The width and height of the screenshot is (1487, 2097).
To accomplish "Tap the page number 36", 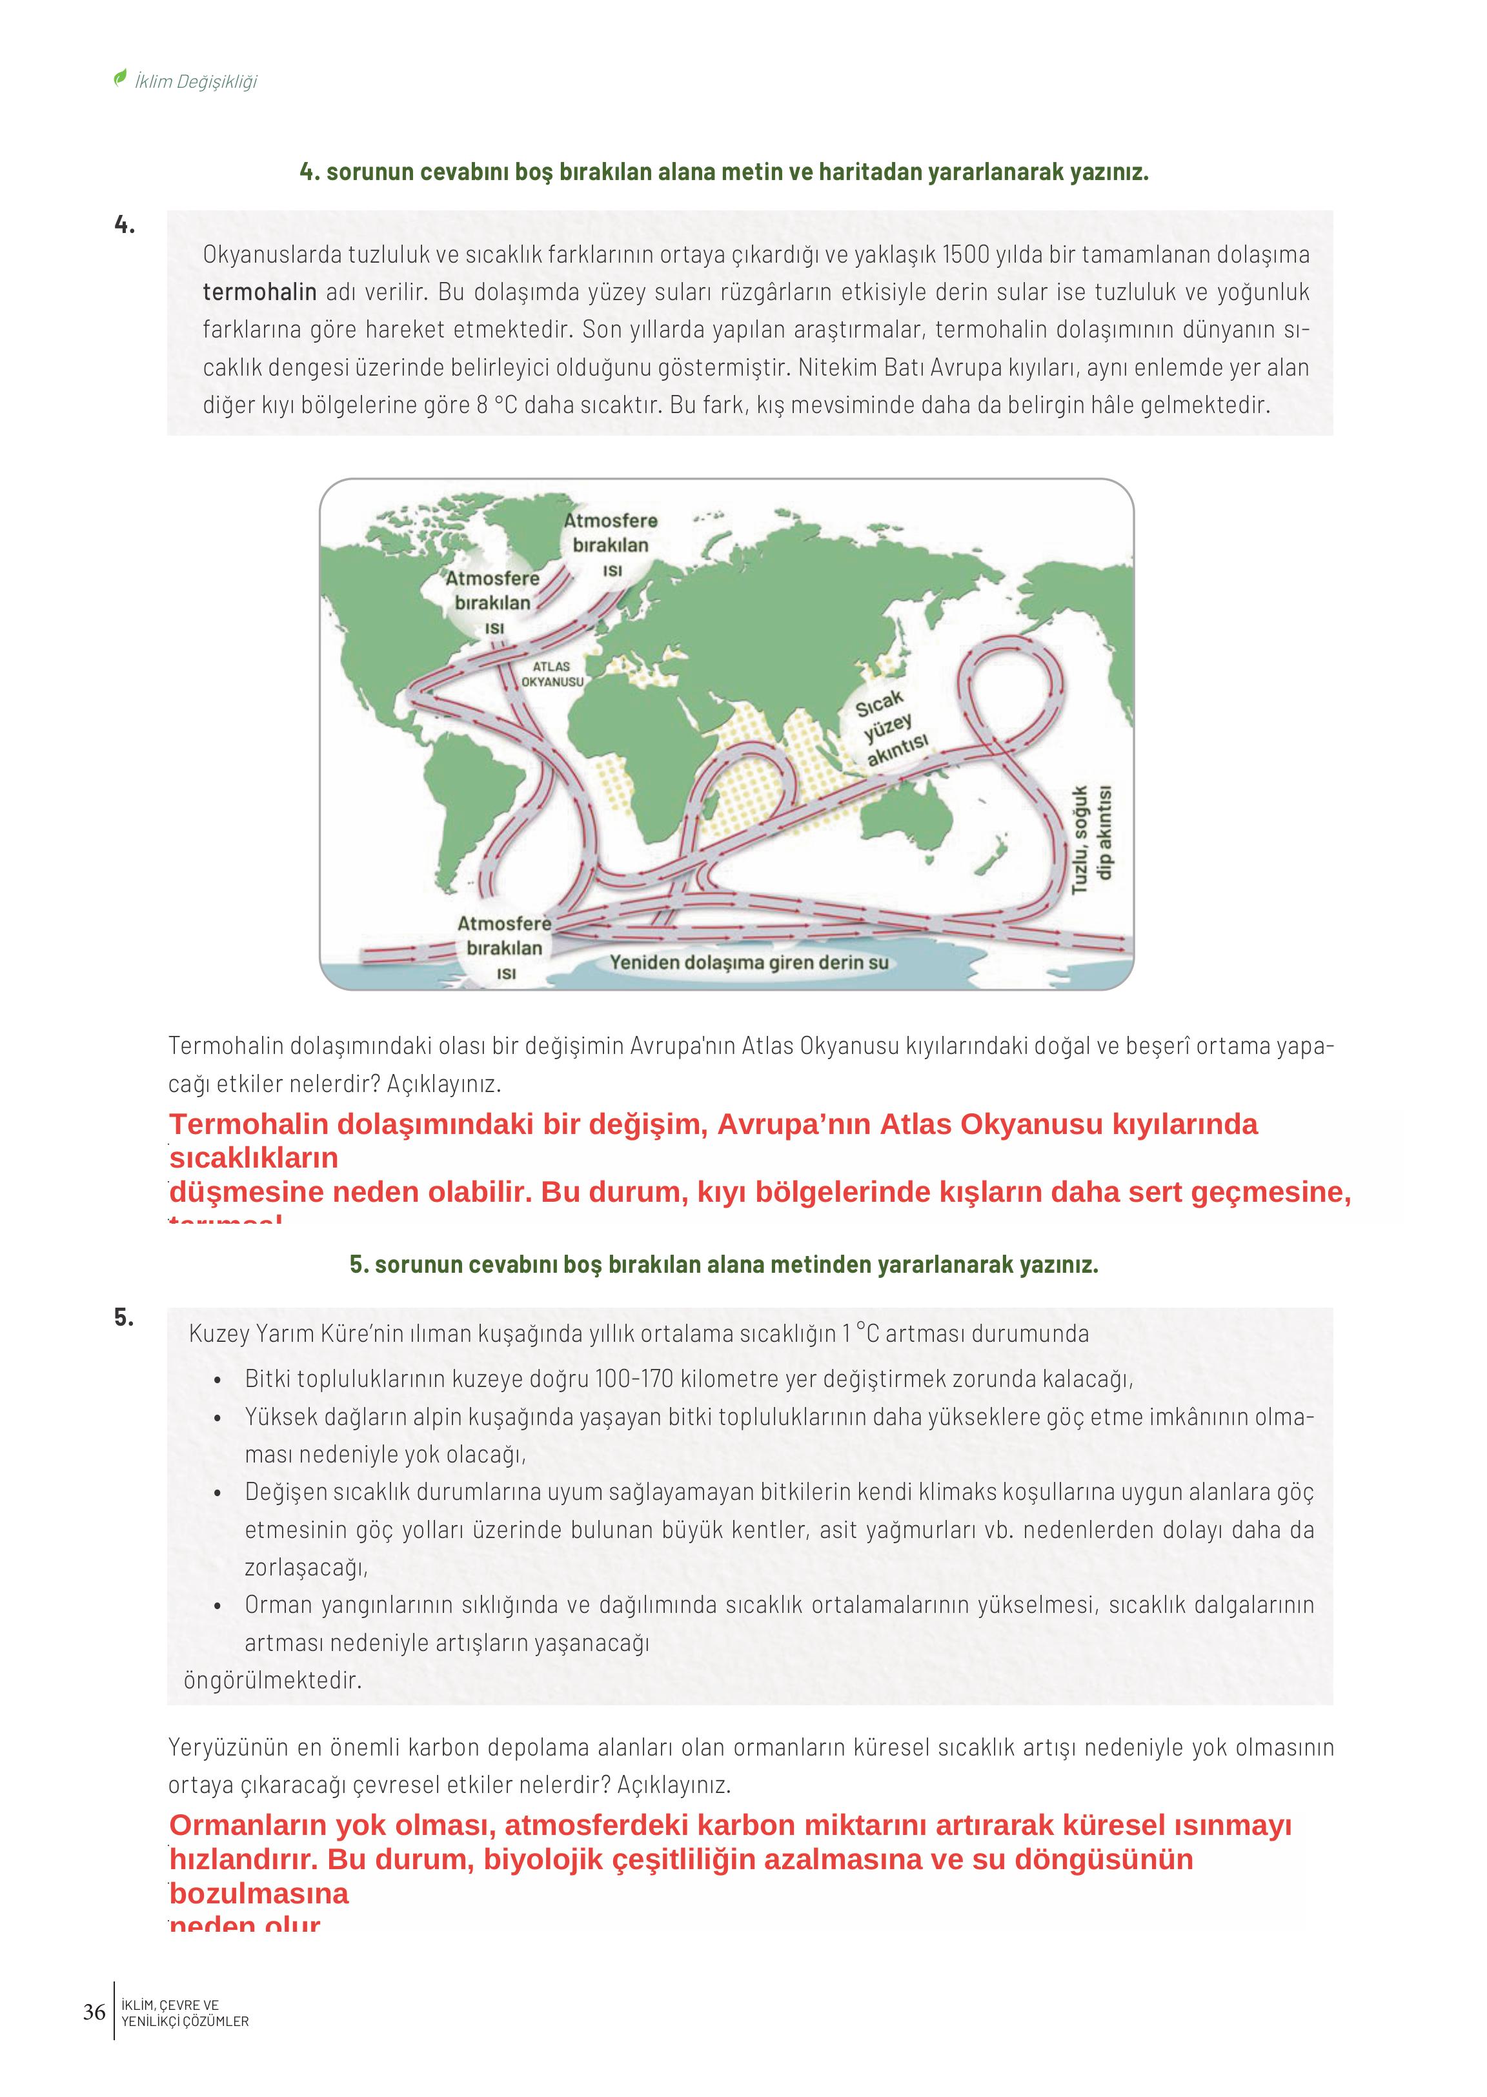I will [x=94, y=2012].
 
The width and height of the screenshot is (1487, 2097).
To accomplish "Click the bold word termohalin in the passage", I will [x=259, y=292].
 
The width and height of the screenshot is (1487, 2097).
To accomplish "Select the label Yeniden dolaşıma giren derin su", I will [x=749, y=962].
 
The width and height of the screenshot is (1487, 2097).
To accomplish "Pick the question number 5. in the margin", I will [x=125, y=1318].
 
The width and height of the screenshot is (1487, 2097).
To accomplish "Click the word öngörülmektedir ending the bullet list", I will [x=273, y=1681].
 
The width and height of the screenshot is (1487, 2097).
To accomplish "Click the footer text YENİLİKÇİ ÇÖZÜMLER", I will [x=185, y=2021].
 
